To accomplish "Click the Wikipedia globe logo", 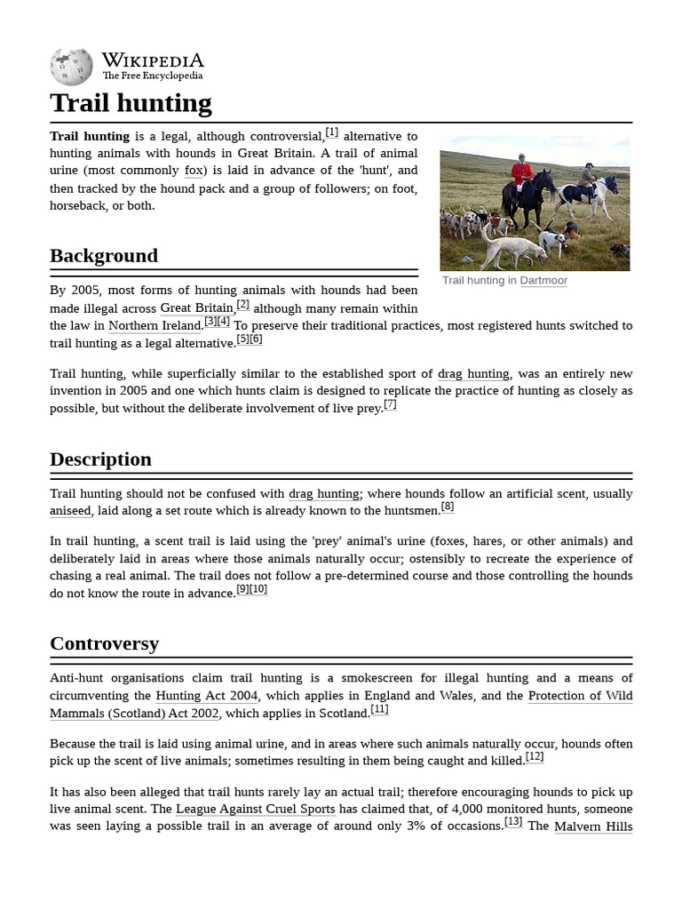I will (72, 66).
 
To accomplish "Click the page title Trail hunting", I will (131, 103).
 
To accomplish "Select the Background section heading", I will (104, 256).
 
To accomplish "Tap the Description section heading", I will (100, 459).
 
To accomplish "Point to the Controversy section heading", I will (104, 643).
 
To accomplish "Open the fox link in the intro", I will (194, 171).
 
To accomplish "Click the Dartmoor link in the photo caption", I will (543, 281).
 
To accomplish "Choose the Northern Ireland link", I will (155, 326).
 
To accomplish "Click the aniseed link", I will (70, 511).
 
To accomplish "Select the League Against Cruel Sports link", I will (256, 809).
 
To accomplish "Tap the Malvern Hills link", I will (593, 826).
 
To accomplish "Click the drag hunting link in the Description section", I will (324, 494).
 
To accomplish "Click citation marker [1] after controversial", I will (331, 132).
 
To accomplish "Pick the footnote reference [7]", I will (390, 404).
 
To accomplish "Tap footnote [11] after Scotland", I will (379, 709).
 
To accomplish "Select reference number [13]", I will (513, 822).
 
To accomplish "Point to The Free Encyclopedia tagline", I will (152, 76).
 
